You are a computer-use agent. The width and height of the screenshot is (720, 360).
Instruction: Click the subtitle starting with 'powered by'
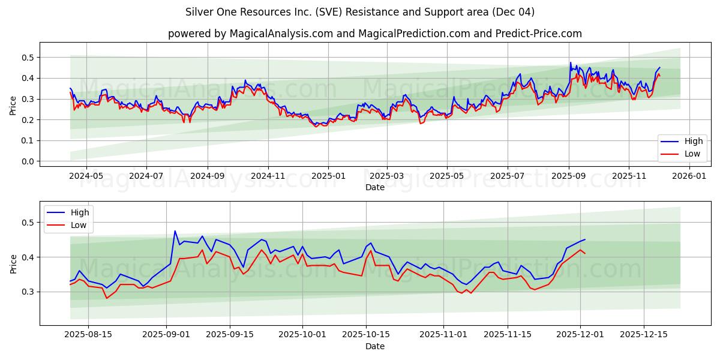coord(375,34)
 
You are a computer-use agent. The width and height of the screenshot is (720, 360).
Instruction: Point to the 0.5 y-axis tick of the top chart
coord(26,58)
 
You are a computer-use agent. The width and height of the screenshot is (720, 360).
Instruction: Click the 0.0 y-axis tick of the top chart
coord(26,161)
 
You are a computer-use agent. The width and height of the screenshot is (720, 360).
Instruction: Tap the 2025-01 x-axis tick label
coord(328,176)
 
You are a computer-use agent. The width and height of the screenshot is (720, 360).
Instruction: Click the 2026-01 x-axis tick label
coord(689,176)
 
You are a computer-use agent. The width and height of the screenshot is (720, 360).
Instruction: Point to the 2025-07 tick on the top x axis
coord(508,176)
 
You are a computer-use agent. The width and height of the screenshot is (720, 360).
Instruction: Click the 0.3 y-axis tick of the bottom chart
coord(26,292)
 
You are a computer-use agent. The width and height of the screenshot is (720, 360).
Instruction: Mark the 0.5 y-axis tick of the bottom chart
coord(26,223)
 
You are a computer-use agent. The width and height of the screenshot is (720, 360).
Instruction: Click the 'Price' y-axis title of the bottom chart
coord(13,263)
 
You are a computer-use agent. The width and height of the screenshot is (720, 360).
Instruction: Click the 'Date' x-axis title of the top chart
coord(375,187)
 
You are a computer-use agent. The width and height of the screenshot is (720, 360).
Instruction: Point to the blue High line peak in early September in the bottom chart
coord(175,231)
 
